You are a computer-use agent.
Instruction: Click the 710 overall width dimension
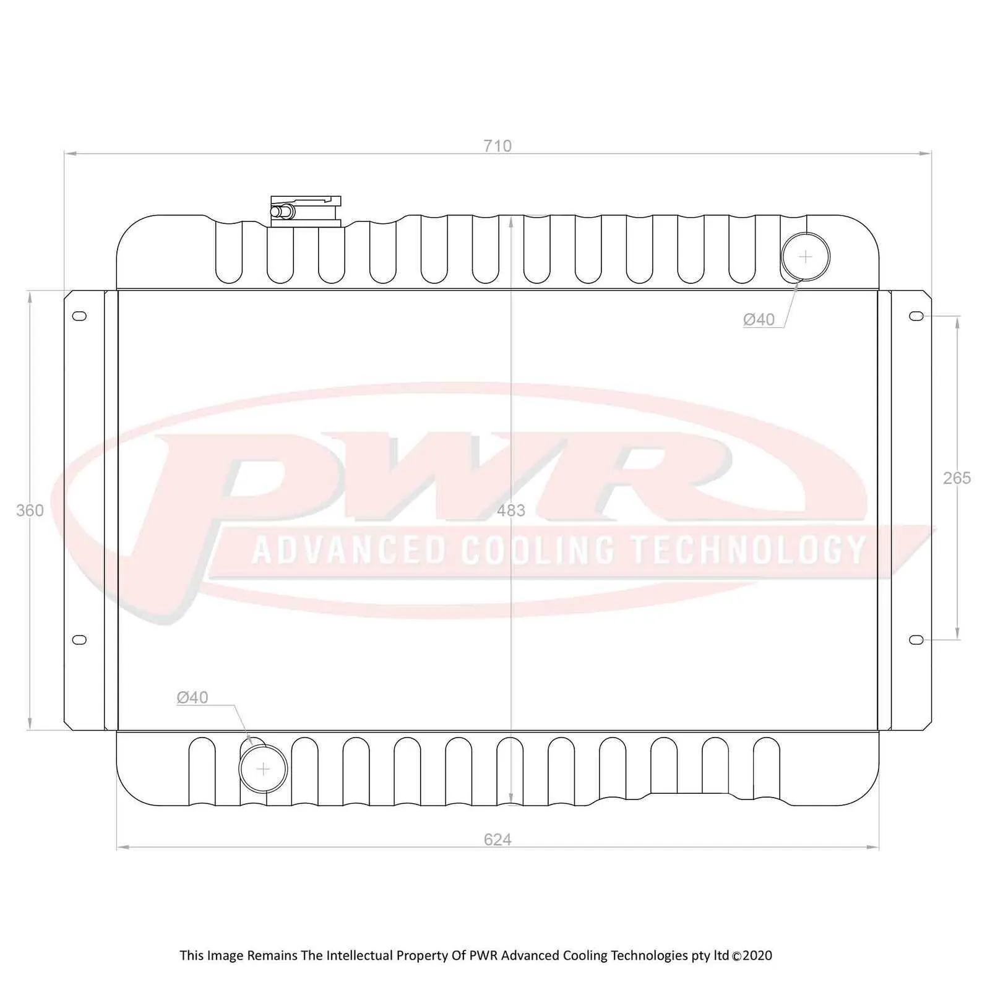pyautogui.click(x=497, y=146)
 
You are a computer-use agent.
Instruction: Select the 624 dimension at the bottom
pyautogui.click(x=497, y=839)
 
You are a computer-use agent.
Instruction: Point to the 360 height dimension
pyautogui.click(x=30, y=510)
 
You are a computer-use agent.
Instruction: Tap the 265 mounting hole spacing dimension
pyautogui.click(x=957, y=478)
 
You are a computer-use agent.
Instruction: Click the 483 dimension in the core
pyautogui.click(x=511, y=510)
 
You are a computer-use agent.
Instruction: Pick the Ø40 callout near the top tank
pyautogui.click(x=759, y=319)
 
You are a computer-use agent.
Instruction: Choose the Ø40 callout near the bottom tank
pyautogui.click(x=192, y=697)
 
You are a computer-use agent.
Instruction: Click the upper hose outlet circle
pyautogui.click(x=805, y=256)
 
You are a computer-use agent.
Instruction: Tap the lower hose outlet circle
pyautogui.click(x=264, y=769)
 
